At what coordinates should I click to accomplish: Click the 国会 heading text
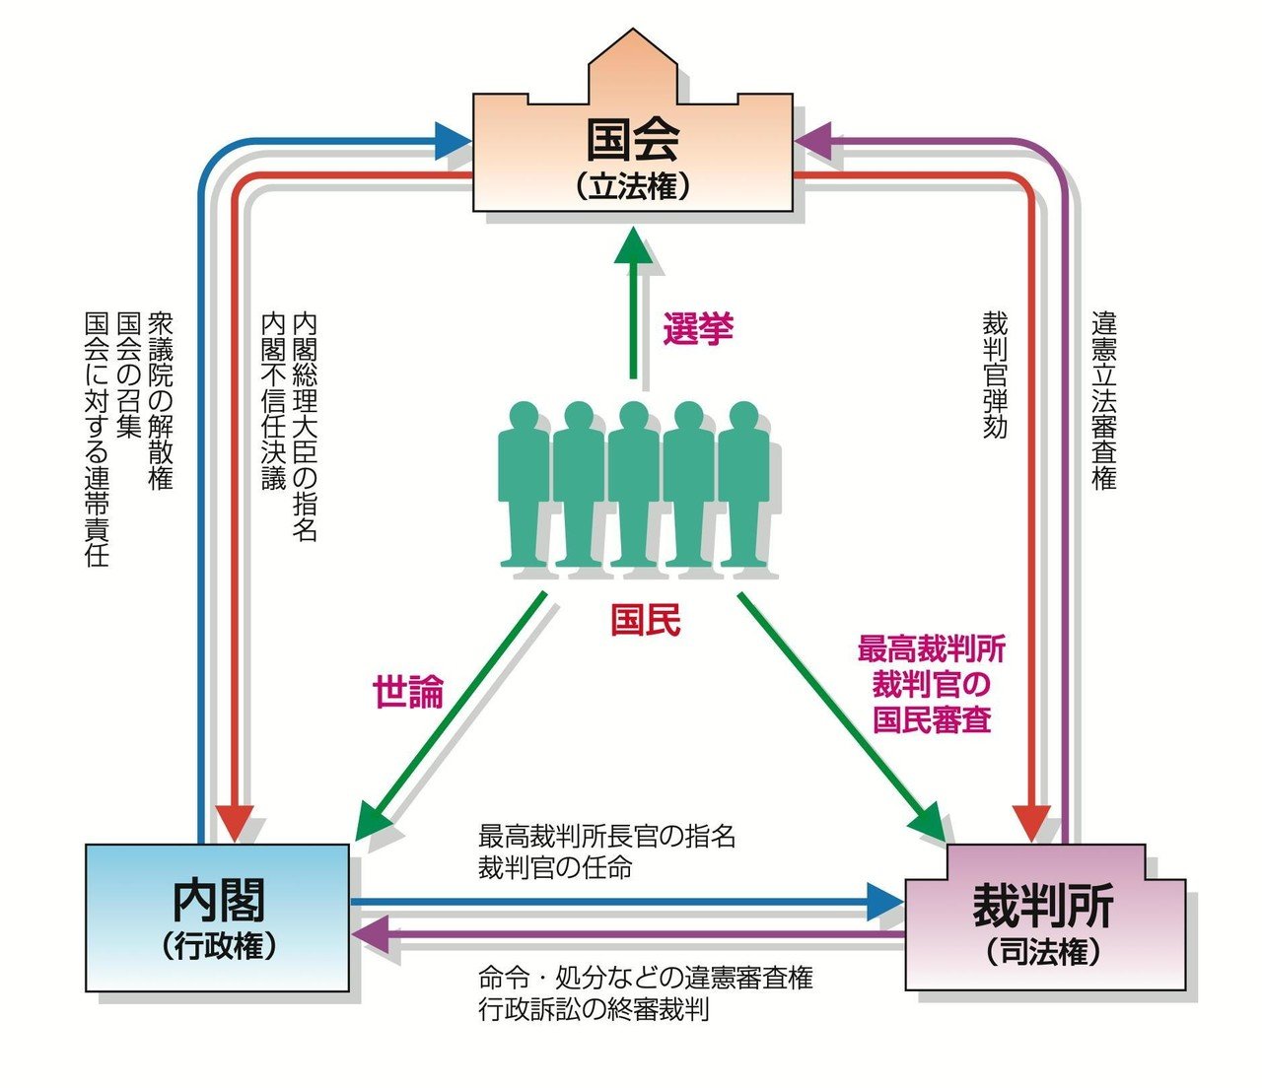click(x=633, y=141)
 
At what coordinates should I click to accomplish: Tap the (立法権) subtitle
click(x=633, y=186)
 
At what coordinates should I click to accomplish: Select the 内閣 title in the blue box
click(x=219, y=901)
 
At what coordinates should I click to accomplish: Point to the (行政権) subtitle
click(x=219, y=946)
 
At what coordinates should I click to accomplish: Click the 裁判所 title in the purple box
click(x=1043, y=906)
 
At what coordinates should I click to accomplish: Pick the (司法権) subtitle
click(x=1043, y=952)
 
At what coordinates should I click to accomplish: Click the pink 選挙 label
click(x=698, y=329)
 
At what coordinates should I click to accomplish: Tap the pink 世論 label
click(x=408, y=692)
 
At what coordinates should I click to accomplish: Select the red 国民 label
click(x=646, y=621)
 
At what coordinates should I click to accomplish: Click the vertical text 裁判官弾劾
click(x=995, y=375)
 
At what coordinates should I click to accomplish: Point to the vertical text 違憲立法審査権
click(x=1104, y=401)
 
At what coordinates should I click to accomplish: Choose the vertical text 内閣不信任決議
click(x=273, y=401)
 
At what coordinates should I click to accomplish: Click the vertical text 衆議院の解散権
click(x=161, y=401)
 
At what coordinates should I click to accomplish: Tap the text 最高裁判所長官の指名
click(x=606, y=836)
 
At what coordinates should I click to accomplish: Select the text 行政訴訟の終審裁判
click(x=594, y=1009)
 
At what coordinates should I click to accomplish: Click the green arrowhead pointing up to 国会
click(x=633, y=245)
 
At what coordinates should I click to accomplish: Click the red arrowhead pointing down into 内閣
click(x=235, y=824)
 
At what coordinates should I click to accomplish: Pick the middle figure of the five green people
click(x=633, y=483)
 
